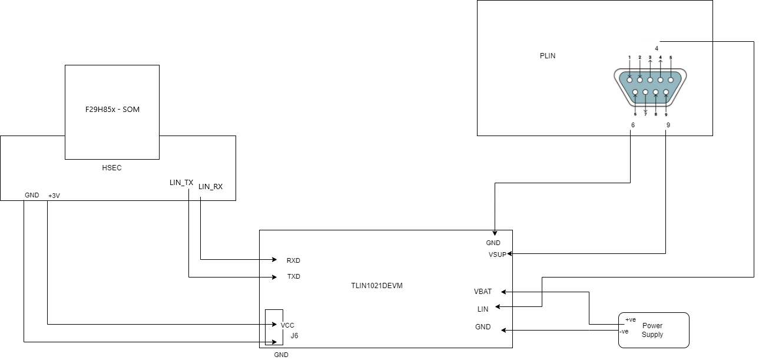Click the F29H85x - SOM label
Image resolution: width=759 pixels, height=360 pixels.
point(111,110)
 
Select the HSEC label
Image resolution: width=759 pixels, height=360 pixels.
point(111,168)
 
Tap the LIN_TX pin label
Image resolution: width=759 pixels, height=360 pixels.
point(181,183)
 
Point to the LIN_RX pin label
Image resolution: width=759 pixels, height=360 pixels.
point(210,187)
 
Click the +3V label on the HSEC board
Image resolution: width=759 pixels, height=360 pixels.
point(54,196)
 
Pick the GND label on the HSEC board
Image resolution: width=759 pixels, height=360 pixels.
point(32,195)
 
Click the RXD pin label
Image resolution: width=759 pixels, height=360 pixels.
point(293,260)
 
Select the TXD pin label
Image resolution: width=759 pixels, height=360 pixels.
point(293,277)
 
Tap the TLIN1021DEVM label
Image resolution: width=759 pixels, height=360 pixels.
point(376,286)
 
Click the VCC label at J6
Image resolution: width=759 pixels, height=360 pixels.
point(287,325)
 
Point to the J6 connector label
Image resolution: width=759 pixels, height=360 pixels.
point(294,335)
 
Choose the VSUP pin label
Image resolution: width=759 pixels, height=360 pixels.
point(497,255)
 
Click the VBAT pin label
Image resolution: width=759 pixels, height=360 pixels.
point(483,292)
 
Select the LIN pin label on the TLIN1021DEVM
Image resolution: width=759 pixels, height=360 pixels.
point(483,309)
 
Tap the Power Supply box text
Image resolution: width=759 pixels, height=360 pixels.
point(652,330)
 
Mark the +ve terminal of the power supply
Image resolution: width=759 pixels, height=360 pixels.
point(630,319)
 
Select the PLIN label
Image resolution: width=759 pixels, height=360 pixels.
point(548,56)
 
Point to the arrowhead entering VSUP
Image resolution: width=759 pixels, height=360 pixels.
point(510,254)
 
